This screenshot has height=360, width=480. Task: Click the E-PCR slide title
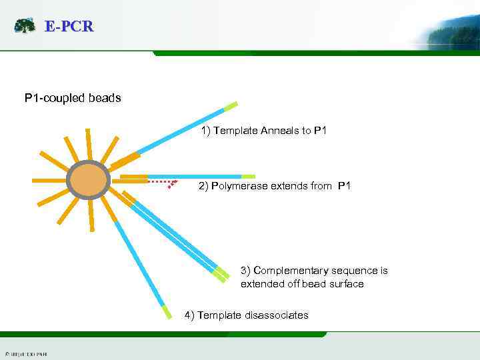tap(69, 27)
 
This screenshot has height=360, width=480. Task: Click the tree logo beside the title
tap(25, 26)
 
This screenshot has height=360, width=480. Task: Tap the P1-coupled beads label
tap(73, 98)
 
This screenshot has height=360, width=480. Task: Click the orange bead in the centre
tap(88, 179)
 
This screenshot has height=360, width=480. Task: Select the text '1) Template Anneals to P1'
tap(263, 131)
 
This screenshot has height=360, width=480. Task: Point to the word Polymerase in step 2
tap(239, 186)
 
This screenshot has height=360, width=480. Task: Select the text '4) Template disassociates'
tap(246, 315)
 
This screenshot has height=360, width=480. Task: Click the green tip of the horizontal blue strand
tap(248, 177)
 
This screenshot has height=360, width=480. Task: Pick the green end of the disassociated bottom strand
tap(166, 311)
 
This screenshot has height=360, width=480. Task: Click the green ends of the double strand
tap(219, 273)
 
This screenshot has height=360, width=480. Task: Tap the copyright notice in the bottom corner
tap(25, 353)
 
